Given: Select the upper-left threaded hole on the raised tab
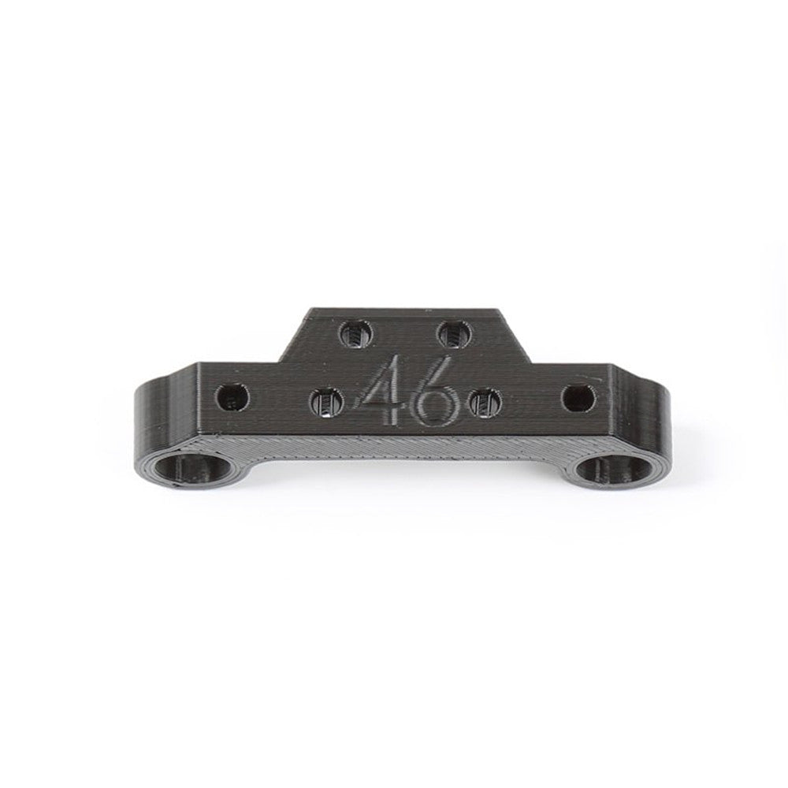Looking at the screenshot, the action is click(x=357, y=334).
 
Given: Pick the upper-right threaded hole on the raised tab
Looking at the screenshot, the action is click(x=455, y=334).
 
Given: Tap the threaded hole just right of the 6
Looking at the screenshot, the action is click(x=485, y=403).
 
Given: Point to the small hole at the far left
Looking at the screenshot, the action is click(x=232, y=397).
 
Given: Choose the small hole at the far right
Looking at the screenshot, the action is click(x=579, y=397).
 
